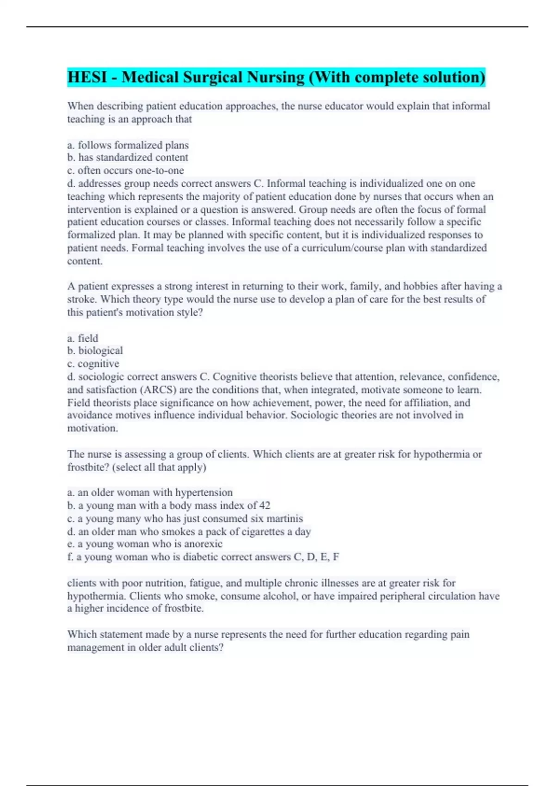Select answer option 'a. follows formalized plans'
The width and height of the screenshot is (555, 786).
coord(128,145)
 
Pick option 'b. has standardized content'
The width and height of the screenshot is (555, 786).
coord(128,157)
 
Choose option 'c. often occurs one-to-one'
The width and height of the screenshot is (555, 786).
coord(125,170)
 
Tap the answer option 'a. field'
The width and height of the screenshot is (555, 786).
coord(83,338)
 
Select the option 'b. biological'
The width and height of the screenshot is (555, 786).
coord(95,350)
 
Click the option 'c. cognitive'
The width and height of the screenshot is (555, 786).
coord(93,363)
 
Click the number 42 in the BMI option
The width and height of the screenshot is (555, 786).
coord(265,505)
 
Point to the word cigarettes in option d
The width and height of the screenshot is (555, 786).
coord(250,531)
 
